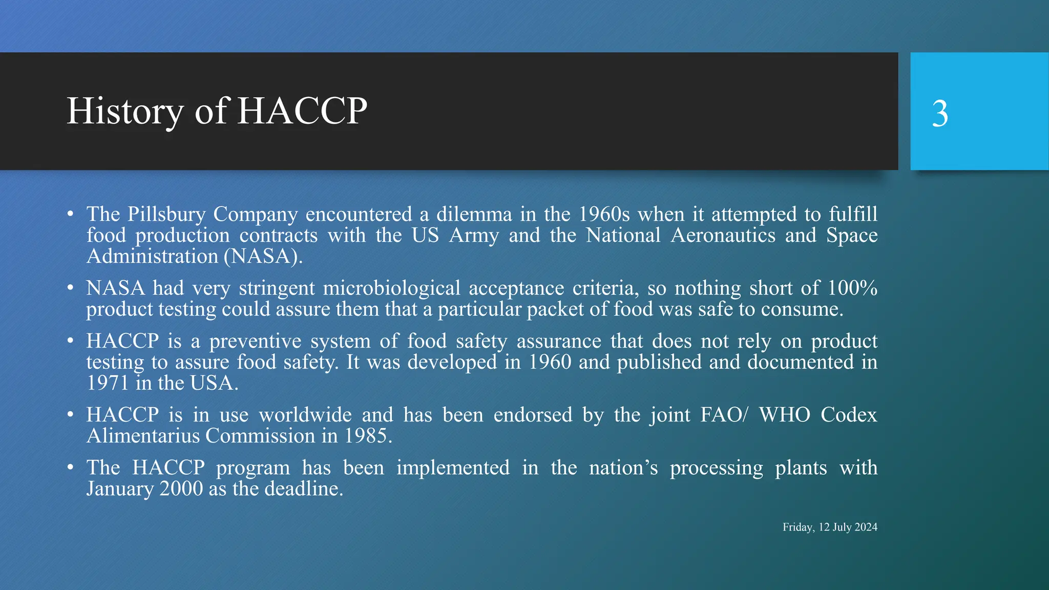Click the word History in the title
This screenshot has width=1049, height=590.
[124, 111]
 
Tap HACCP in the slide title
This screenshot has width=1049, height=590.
[302, 111]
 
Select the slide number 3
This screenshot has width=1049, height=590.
[939, 113]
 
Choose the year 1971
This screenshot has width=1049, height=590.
[107, 383]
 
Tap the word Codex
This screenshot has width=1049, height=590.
[849, 415]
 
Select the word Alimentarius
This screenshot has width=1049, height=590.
[143, 436]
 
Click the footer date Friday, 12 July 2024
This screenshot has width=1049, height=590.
[830, 527]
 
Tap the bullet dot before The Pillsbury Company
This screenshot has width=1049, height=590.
[70, 214]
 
